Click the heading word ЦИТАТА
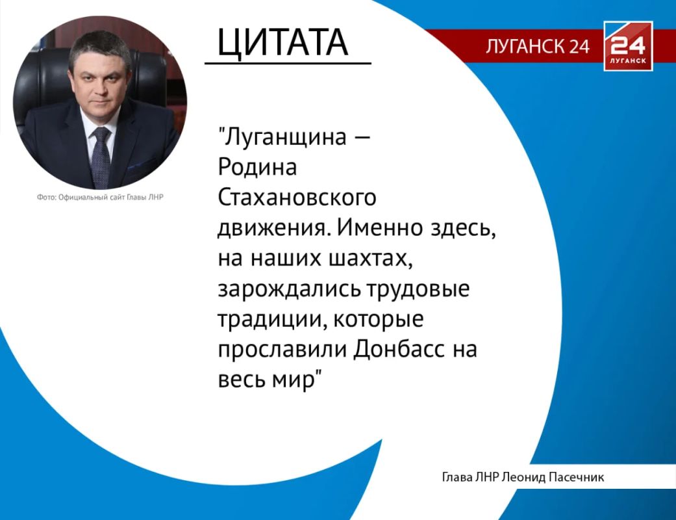[x=282, y=42]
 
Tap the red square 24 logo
[x=628, y=45]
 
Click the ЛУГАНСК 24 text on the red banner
[x=538, y=46]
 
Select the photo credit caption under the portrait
[x=100, y=197]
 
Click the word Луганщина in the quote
[x=286, y=138]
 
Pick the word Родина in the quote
[x=257, y=168]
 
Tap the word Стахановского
[x=297, y=198]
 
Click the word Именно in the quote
[x=382, y=227]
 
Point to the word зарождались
[x=288, y=289]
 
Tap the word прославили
[x=282, y=350]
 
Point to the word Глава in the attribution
[x=457, y=477]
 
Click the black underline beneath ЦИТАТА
[x=288, y=64]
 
